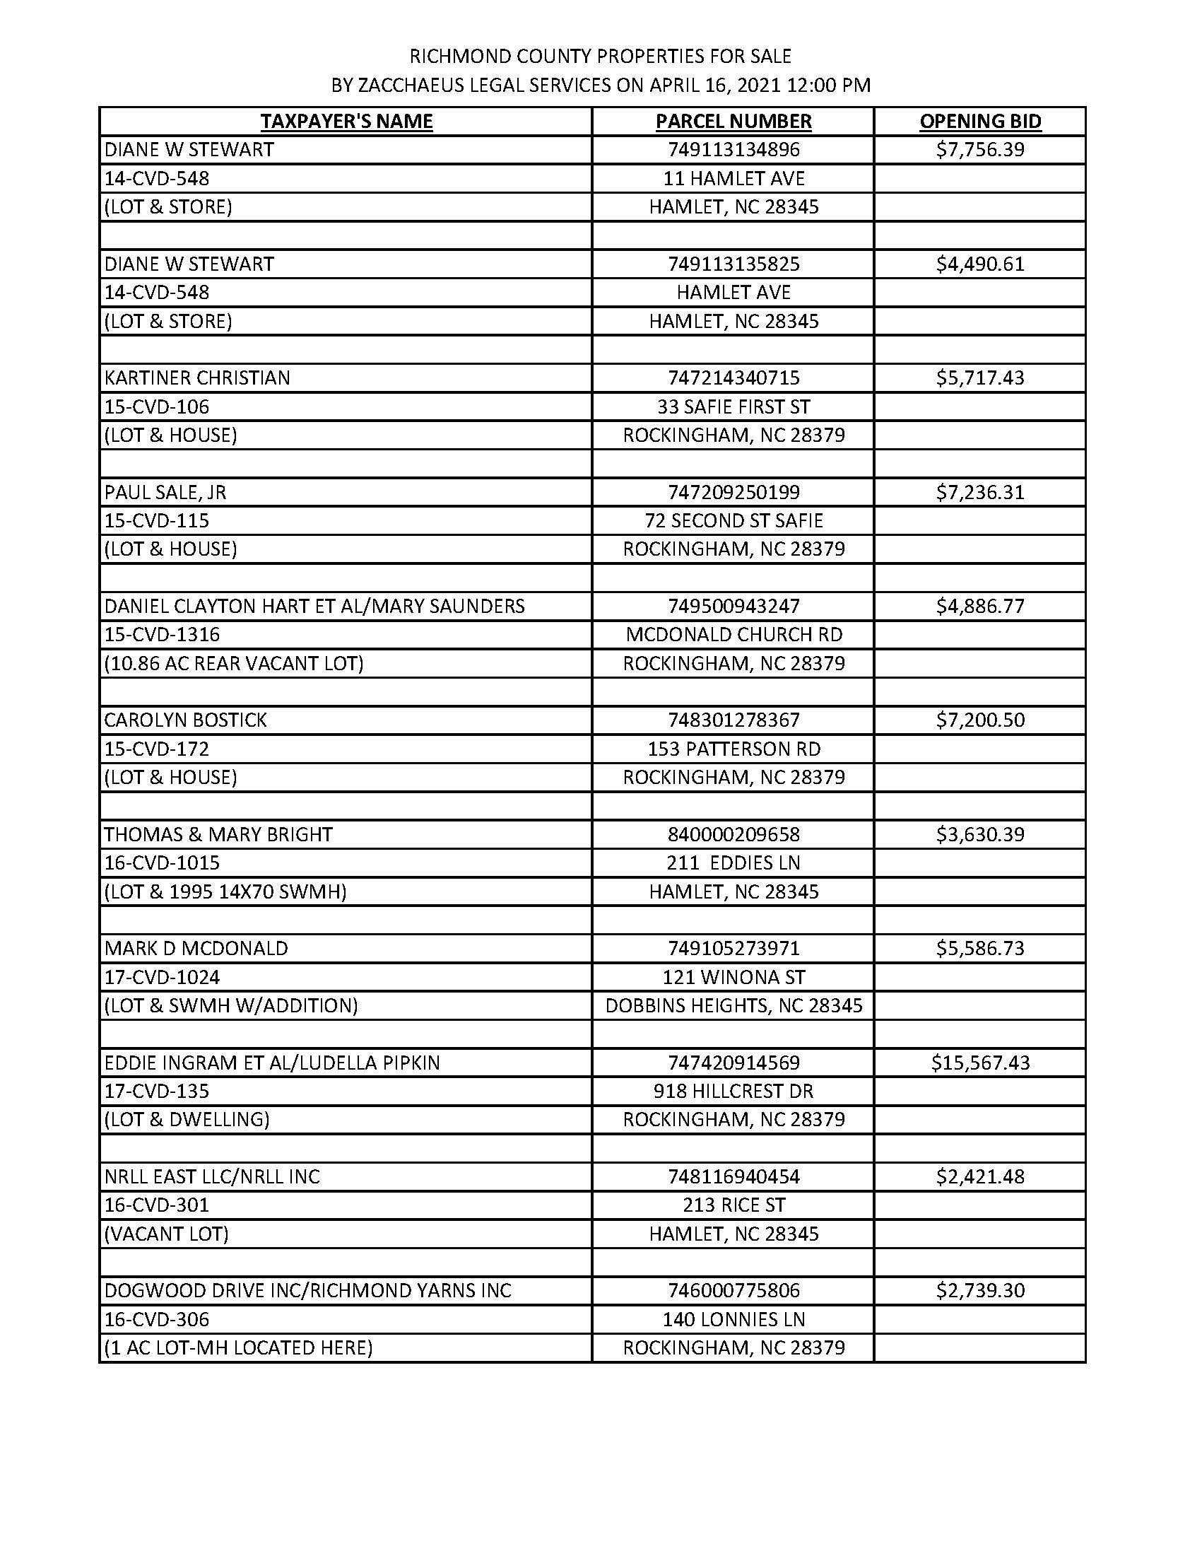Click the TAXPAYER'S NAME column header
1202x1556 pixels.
tap(346, 121)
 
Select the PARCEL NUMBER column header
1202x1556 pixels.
tap(733, 121)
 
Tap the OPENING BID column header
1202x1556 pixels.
tap(980, 121)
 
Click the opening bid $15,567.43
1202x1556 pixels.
tap(980, 1063)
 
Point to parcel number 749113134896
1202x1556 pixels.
tap(733, 150)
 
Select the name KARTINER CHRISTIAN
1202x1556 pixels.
tap(197, 378)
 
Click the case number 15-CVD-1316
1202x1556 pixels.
tap(163, 634)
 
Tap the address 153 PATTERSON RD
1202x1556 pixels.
tap(733, 749)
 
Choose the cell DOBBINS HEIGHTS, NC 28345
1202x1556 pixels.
tap(733, 1005)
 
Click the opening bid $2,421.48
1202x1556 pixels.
tap(980, 1176)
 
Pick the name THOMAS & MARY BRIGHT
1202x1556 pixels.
tap(218, 834)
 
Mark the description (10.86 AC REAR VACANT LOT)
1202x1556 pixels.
tap(234, 663)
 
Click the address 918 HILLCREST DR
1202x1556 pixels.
tap(733, 1091)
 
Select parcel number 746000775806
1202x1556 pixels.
tap(733, 1290)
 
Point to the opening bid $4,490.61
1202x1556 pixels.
tap(980, 264)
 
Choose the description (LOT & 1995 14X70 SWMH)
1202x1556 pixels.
tap(225, 891)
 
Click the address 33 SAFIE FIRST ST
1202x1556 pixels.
tap(733, 406)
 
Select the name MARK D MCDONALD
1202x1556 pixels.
tap(196, 948)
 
